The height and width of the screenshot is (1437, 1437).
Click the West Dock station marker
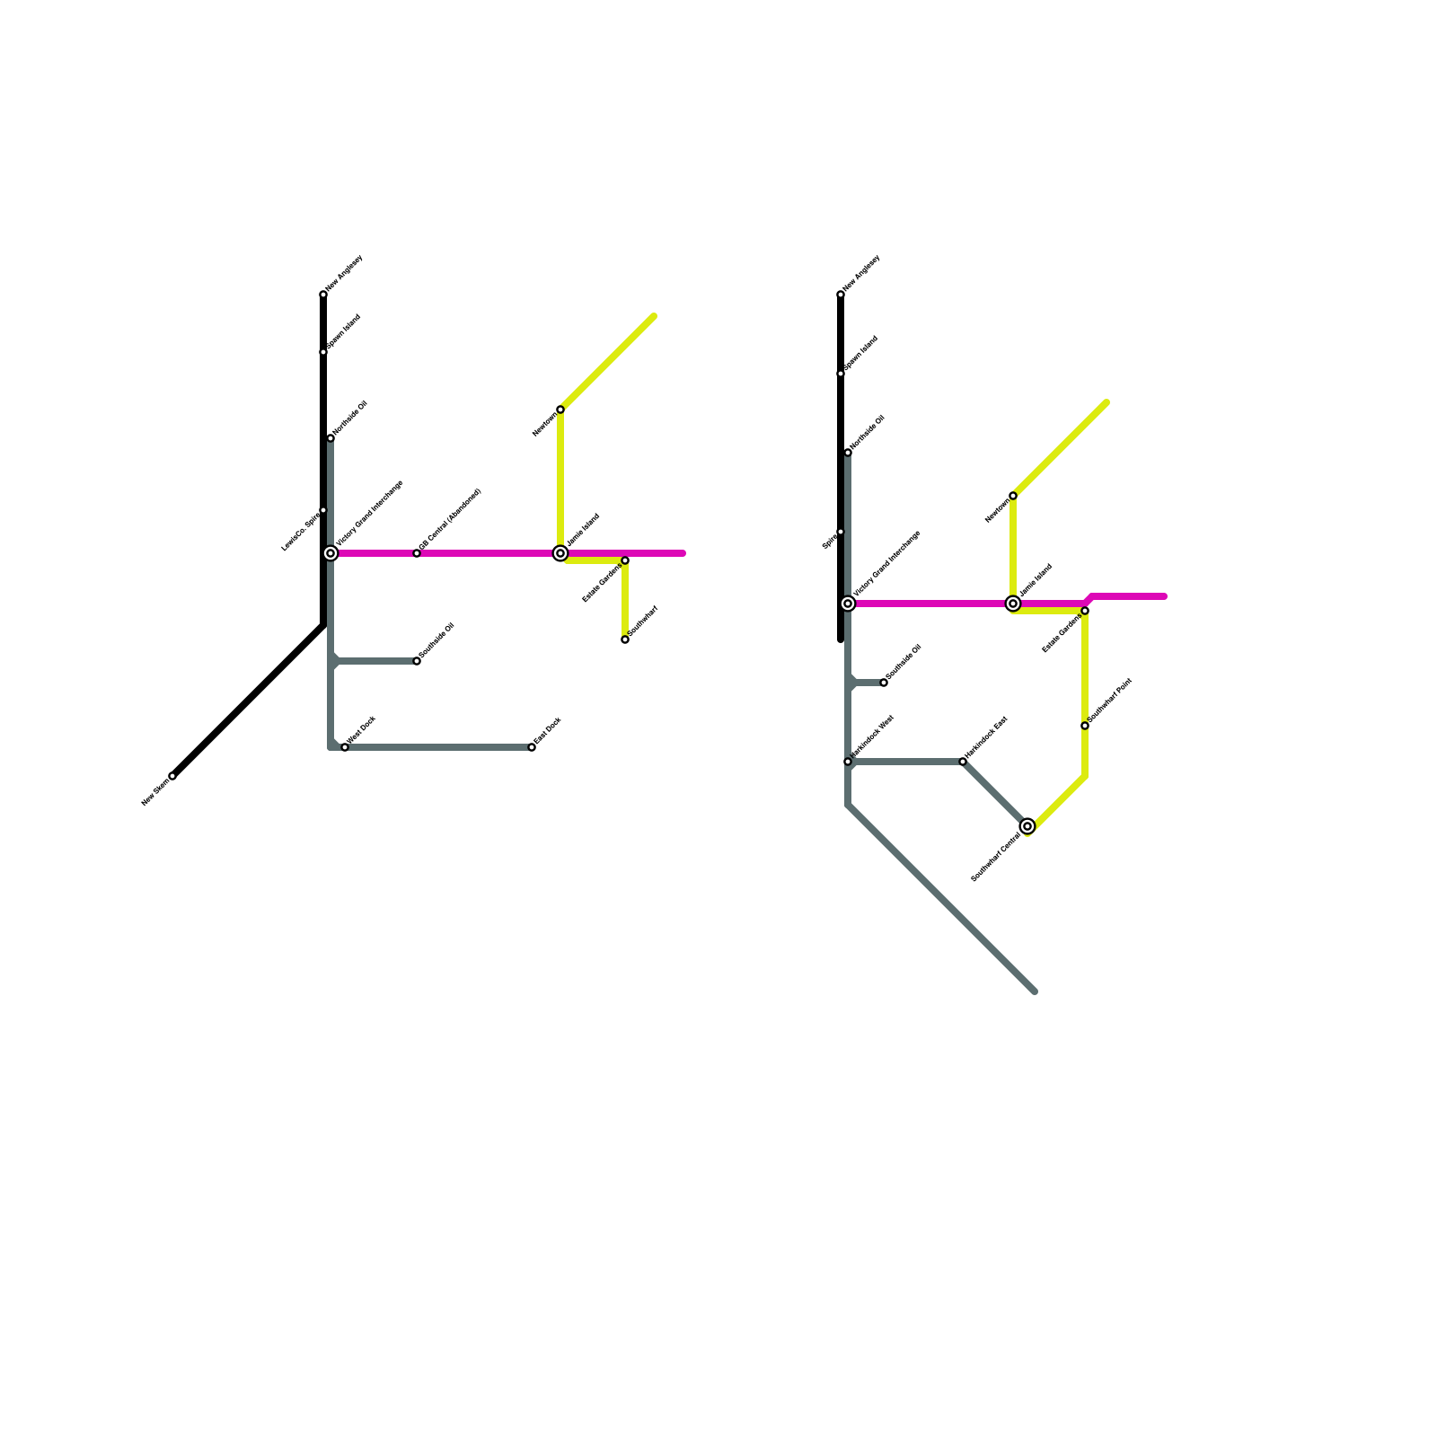point(345,747)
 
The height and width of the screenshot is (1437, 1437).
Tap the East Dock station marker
point(532,747)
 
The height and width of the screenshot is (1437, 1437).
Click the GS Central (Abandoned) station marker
point(417,553)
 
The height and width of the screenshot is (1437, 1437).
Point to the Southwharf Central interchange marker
point(1027,826)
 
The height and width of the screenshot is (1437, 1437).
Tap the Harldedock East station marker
point(963,762)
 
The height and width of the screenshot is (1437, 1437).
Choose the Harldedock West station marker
point(848,762)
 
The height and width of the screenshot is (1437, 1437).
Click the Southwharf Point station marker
point(1085,726)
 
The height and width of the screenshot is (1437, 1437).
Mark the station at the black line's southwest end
point(172,776)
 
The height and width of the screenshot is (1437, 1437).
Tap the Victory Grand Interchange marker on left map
point(331,553)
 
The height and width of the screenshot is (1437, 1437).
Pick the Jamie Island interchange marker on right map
point(1013,604)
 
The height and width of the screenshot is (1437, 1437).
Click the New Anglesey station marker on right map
point(841,295)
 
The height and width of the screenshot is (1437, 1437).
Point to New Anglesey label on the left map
point(344,273)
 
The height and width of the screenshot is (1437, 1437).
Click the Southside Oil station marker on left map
point(417,661)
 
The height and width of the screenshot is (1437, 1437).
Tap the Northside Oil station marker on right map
point(848,453)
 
